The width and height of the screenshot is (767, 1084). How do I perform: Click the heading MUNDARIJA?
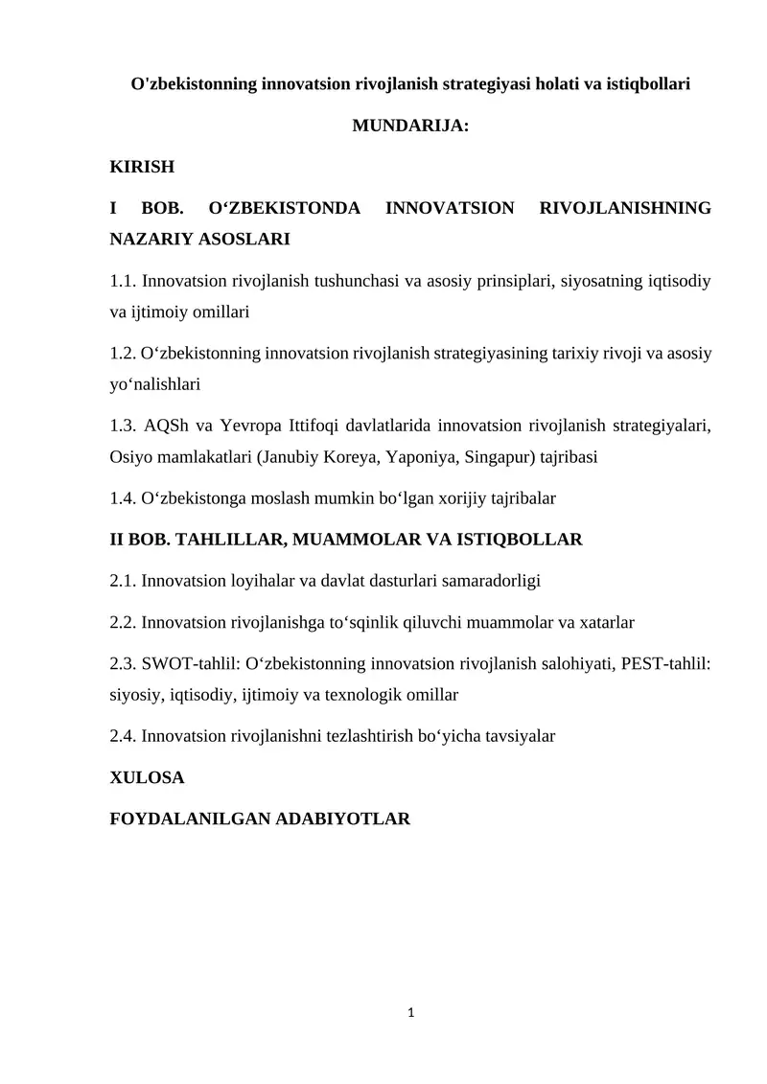pyautogui.click(x=410, y=126)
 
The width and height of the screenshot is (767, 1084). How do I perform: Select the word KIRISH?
pyautogui.click(x=143, y=167)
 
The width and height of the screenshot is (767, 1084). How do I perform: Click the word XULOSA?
pyautogui.click(x=147, y=778)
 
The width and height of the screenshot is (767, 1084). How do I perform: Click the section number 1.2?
pyautogui.click(x=124, y=354)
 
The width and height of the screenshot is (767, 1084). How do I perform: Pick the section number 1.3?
pyautogui.click(x=124, y=426)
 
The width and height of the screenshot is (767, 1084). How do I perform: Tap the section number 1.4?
pyautogui.click(x=124, y=498)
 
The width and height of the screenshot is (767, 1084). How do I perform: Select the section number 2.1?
pyautogui.click(x=124, y=580)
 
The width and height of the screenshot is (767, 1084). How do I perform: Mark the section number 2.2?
pyautogui.click(x=124, y=622)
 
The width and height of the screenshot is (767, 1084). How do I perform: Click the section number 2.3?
pyautogui.click(x=124, y=664)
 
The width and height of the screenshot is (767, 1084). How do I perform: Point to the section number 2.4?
pyautogui.click(x=124, y=736)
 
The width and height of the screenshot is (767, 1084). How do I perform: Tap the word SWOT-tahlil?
pyautogui.click(x=195, y=664)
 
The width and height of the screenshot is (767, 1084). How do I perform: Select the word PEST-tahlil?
pyautogui.click(x=666, y=664)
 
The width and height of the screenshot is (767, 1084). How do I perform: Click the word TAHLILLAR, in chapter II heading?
pyautogui.click(x=227, y=540)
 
